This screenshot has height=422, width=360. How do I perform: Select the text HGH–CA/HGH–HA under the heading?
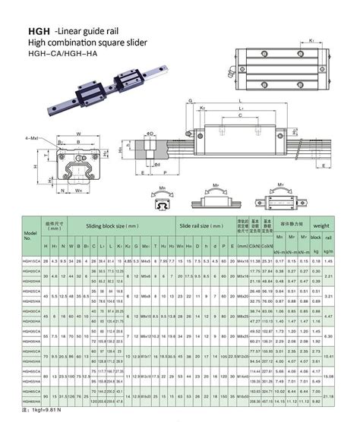tap(57, 54)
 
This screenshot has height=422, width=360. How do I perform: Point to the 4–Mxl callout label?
tap(31, 137)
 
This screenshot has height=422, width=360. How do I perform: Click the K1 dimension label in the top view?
tap(313, 39)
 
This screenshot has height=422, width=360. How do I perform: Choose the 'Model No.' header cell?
tap(30, 236)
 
